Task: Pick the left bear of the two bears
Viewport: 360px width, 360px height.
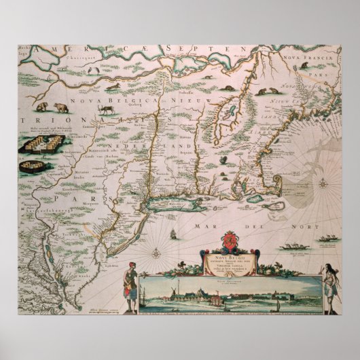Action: (x=43, y=107)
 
